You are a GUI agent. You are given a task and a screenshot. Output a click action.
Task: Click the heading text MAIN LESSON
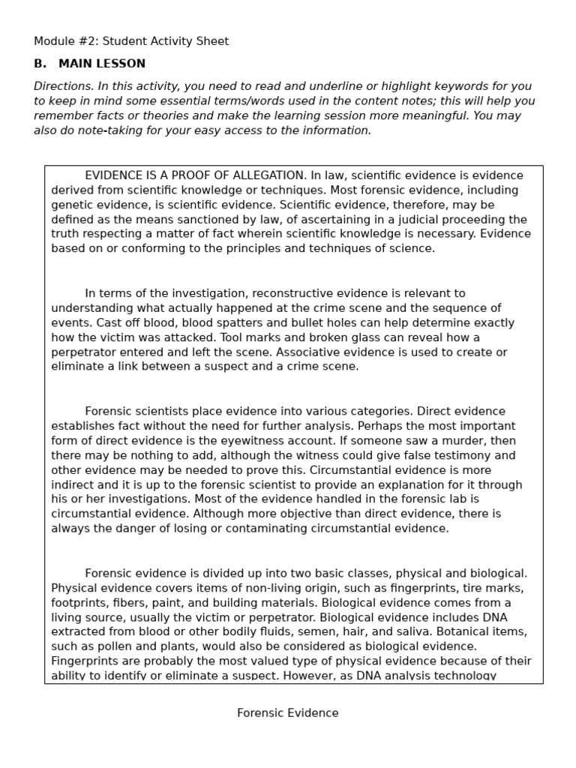(102, 64)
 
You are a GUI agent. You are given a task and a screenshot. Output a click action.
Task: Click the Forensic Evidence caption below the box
(288, 713)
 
